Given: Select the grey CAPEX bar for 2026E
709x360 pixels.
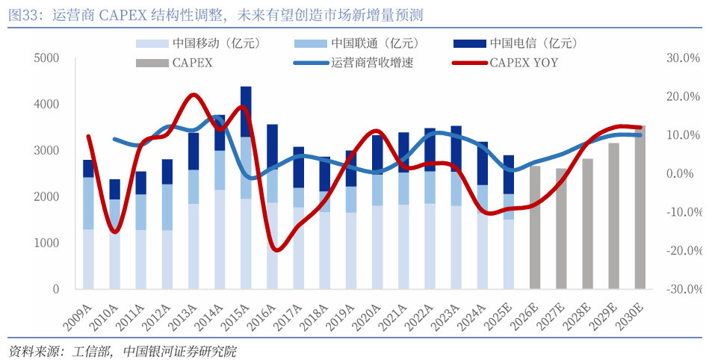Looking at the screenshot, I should pyautogui.click(x=535, y=227).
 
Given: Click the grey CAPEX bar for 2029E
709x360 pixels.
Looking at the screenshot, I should pyautogui.click(x=614, y=216).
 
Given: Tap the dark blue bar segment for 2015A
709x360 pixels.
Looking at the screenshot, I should pyautogui.click(x=246, y=112).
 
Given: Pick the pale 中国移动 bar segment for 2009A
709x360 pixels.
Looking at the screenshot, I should pyautogui.click(x=88, y=258).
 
